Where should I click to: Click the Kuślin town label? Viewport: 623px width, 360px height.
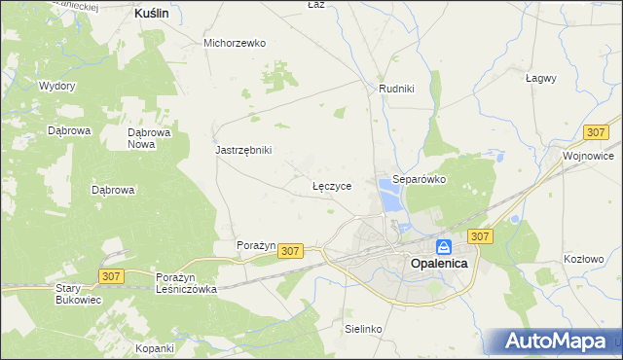(152, 14)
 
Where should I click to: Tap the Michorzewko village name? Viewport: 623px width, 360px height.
(235, 43)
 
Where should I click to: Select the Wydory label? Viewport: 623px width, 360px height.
(57, 86)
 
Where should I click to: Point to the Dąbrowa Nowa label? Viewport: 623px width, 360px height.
(150, 138)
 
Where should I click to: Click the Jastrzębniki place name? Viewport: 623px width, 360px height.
(243, 150)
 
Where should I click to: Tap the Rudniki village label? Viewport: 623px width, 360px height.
(397, 89)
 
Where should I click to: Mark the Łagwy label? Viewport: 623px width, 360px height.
(540, 78)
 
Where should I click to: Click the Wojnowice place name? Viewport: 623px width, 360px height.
(588, 155)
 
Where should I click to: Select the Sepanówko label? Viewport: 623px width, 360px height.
(419, 180)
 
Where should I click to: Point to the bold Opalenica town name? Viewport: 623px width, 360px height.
(440, 264)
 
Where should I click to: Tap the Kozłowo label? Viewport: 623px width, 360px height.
(584, 259)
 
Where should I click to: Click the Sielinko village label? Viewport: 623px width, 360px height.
(363, 329)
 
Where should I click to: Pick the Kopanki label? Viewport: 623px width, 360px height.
(155, 347)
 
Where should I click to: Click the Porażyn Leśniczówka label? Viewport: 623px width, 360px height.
(186, 282)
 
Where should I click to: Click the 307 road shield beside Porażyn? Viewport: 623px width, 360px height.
(290, 251)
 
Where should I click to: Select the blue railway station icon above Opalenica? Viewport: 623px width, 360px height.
(443, 247)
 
